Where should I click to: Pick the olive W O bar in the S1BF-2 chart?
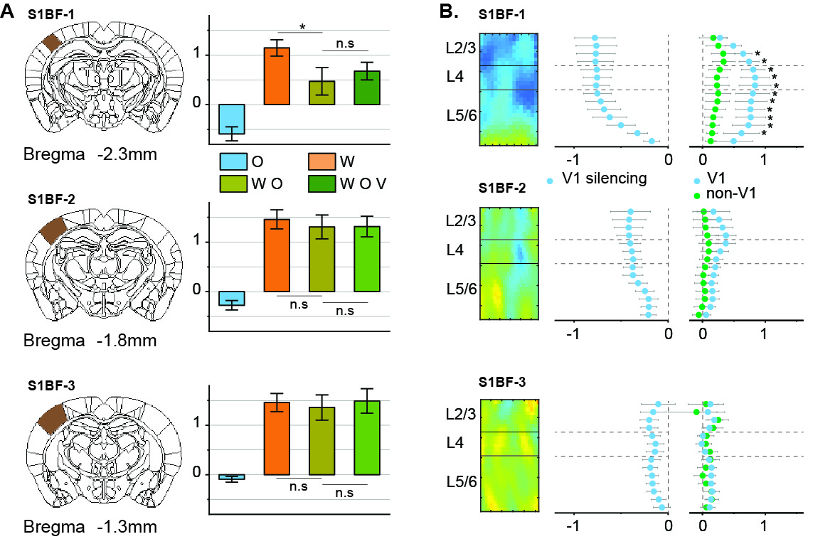coord(324,259)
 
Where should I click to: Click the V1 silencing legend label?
coord(604,178)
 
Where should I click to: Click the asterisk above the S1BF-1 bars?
coord(303,28)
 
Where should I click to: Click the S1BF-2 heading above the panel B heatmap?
coord(503,190)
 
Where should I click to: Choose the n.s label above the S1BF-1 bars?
coord(346,43)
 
